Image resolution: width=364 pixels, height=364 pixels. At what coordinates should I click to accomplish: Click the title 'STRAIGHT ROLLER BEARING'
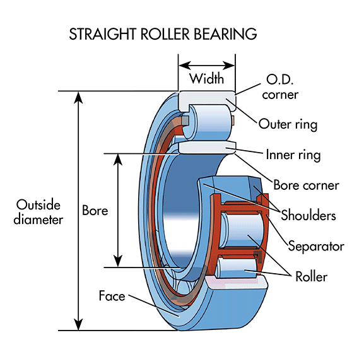(x=163, y=34)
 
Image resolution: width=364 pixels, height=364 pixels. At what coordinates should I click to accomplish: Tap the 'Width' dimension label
(x=207, y=80)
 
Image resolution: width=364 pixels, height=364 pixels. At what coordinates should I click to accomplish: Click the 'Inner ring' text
(x=293, y=155)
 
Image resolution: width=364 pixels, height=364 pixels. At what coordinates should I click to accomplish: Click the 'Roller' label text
(x=311, y=276)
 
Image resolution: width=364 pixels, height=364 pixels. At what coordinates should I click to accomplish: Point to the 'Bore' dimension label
(x=95, y=210)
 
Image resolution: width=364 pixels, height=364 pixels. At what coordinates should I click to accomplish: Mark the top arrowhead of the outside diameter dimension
(x=78, y=97)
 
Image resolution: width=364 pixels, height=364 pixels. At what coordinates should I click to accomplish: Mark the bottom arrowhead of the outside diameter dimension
(x=78, y=324)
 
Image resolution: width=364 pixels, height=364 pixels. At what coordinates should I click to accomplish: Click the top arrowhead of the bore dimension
(x=117, y=158)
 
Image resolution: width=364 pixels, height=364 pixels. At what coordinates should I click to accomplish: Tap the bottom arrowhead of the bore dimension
(x=117, y=262)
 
